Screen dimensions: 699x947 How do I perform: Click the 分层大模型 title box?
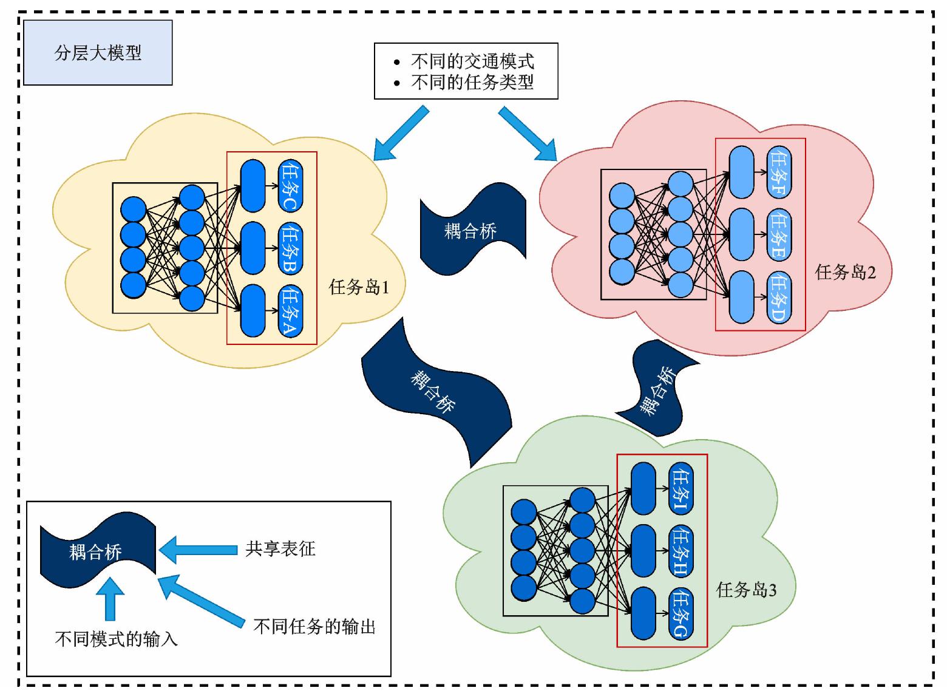coord(97,53)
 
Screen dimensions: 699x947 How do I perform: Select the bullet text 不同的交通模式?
coord(472,61)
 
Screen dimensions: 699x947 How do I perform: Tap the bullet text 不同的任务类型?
coord(472,82)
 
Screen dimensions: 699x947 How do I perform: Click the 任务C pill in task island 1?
coord(291,186)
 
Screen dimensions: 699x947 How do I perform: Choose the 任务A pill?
coord(291,311)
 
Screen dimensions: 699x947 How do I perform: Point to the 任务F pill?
coord(779,172)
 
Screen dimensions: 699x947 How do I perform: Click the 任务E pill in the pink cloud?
coord(779,234)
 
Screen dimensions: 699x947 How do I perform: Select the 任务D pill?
coord(779,298)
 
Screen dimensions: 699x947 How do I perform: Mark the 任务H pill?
coord(681,551)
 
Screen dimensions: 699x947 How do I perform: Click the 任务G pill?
coord(681,614)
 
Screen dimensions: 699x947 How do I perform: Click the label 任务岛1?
coord(359,287)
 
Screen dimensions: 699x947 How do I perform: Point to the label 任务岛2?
coord(845,272)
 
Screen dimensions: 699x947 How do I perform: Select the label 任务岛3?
coord(746,590)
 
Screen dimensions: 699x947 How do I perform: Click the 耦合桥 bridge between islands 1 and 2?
coord(471,230)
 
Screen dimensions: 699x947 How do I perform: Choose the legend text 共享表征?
coord(280,549)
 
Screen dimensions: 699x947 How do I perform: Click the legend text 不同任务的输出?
coord(314,626)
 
